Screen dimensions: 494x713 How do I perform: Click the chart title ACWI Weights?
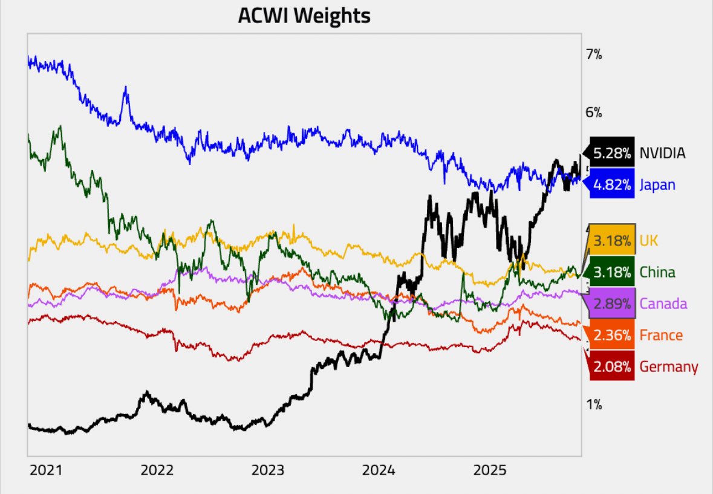click(304, 16)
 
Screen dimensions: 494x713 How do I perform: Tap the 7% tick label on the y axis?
click(594, 55)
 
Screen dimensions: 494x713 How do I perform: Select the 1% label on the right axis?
click(593, 405)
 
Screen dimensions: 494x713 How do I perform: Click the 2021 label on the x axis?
click(46, 470)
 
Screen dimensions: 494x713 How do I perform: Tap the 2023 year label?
click(268, 470)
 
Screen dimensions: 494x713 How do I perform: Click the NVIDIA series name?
click(662, 154)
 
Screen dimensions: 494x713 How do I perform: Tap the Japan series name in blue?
click(657, 185)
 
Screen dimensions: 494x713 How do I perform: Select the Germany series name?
click(669, 366)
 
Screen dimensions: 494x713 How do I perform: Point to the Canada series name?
click(663, 304)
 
